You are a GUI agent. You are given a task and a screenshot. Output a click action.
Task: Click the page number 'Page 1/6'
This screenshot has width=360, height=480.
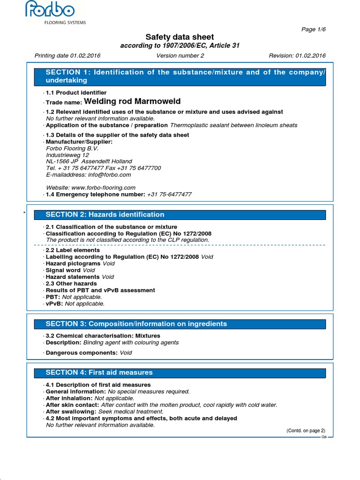[x=314, y=29]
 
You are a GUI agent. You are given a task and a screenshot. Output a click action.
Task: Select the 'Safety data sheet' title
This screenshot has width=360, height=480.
[x=180, y=37]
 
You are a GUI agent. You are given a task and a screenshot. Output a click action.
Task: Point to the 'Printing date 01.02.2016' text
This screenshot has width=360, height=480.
[x=67, y=56]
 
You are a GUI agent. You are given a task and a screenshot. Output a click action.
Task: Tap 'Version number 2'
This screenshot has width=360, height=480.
[x=180, y=56]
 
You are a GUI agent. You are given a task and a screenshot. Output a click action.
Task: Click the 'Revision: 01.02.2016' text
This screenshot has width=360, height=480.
[x=297, y=56]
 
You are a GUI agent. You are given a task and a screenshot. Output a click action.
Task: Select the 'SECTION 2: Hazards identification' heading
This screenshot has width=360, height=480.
[x=105, y=215]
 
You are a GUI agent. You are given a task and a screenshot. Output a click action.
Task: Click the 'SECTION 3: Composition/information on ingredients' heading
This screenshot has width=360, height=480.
[x=136, y=324]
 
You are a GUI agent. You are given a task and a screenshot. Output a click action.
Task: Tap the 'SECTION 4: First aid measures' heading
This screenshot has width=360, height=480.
[x=99, y=373]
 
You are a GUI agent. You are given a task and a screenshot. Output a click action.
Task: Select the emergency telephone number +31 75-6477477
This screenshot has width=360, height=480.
[x=169, y=194]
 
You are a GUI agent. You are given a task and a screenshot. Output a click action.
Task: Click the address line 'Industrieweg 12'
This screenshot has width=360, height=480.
[x=67, y=155]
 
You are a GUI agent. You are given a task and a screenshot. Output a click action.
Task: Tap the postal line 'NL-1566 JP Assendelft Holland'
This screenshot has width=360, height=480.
[x=89, y=162]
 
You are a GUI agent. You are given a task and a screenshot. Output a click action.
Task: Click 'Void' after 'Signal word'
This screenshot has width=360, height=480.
[x=89, y=270]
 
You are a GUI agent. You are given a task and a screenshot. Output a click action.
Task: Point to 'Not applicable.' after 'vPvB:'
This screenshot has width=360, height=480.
[x=85, y=304]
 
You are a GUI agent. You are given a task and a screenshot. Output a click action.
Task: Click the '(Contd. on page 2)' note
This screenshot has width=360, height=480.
[x=306, y=431]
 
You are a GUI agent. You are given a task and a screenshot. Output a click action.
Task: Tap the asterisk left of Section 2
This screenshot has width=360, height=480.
[x=23, y=214]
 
